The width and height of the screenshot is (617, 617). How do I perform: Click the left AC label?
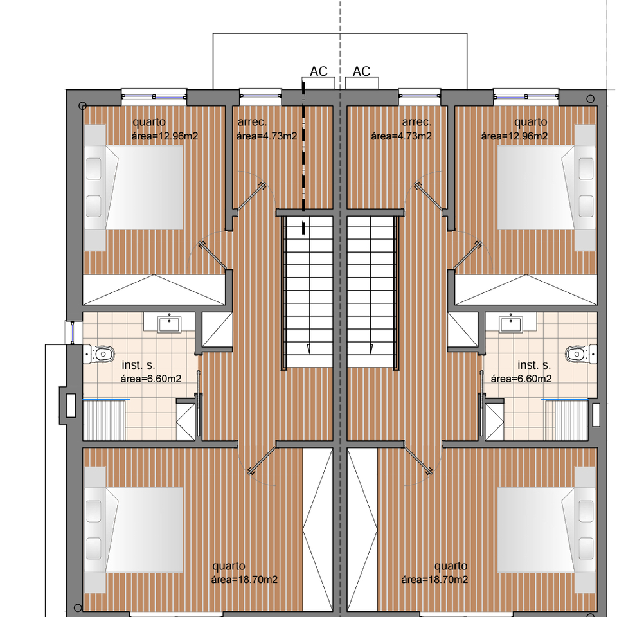click(318, 71)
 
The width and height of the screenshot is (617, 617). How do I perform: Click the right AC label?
click(361, 71)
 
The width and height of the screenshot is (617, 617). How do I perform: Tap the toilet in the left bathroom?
click(99, 353)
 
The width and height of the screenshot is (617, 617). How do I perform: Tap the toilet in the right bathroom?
click(581, 353)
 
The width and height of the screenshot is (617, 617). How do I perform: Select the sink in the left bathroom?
click(169, 325)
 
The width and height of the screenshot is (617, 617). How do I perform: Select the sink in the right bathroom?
click(511, 325)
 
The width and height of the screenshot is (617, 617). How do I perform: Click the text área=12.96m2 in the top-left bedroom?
click(165, 136)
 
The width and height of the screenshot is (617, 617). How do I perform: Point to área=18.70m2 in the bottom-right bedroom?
click(434, 579)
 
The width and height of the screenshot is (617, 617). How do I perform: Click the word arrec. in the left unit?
click(252, 122)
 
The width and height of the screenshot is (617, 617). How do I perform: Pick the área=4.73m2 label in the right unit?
click(401, 136)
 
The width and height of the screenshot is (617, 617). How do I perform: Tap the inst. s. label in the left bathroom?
click(138, 365)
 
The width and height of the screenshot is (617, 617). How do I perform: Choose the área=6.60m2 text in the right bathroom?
click(521, 379)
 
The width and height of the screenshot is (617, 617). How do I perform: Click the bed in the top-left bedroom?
click(134, 188)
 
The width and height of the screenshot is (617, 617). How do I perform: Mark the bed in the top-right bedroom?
click(546, 188)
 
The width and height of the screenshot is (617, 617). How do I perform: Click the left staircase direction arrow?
click(308, 348)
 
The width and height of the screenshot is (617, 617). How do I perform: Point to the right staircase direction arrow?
click(371, 348)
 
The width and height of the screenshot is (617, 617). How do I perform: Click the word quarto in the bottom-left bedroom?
click(229, 566)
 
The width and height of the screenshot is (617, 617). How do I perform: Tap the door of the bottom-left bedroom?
click(262, 459)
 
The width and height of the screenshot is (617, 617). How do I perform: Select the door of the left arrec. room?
click(251, 197)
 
